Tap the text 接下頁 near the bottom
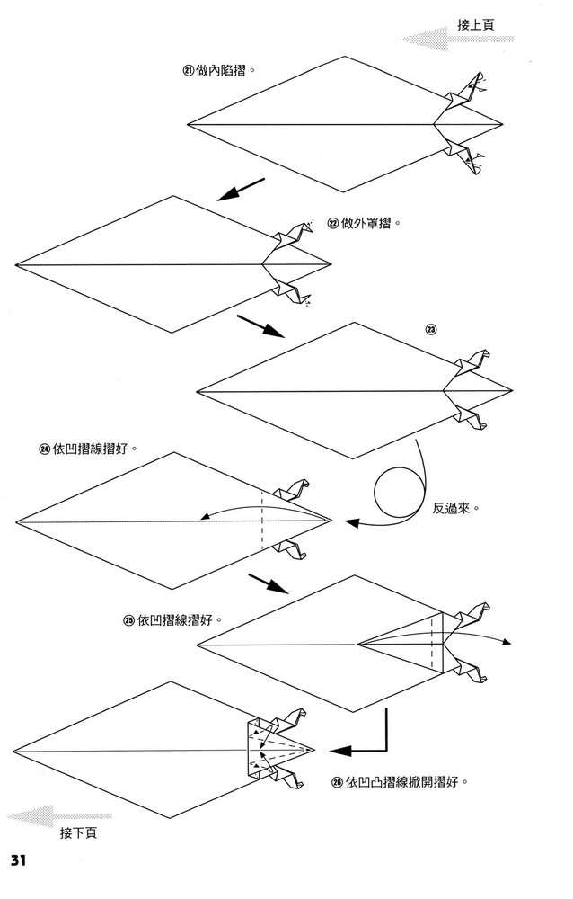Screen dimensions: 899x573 [79, 833]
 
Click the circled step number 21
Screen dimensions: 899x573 [189, 70]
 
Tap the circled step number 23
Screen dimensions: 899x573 [431, 330]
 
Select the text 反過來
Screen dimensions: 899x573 [455, 508]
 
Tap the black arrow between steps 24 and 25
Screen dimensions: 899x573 [267, 583]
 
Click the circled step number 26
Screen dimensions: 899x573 [337, 782]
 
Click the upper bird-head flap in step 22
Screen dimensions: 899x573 [295, 236]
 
